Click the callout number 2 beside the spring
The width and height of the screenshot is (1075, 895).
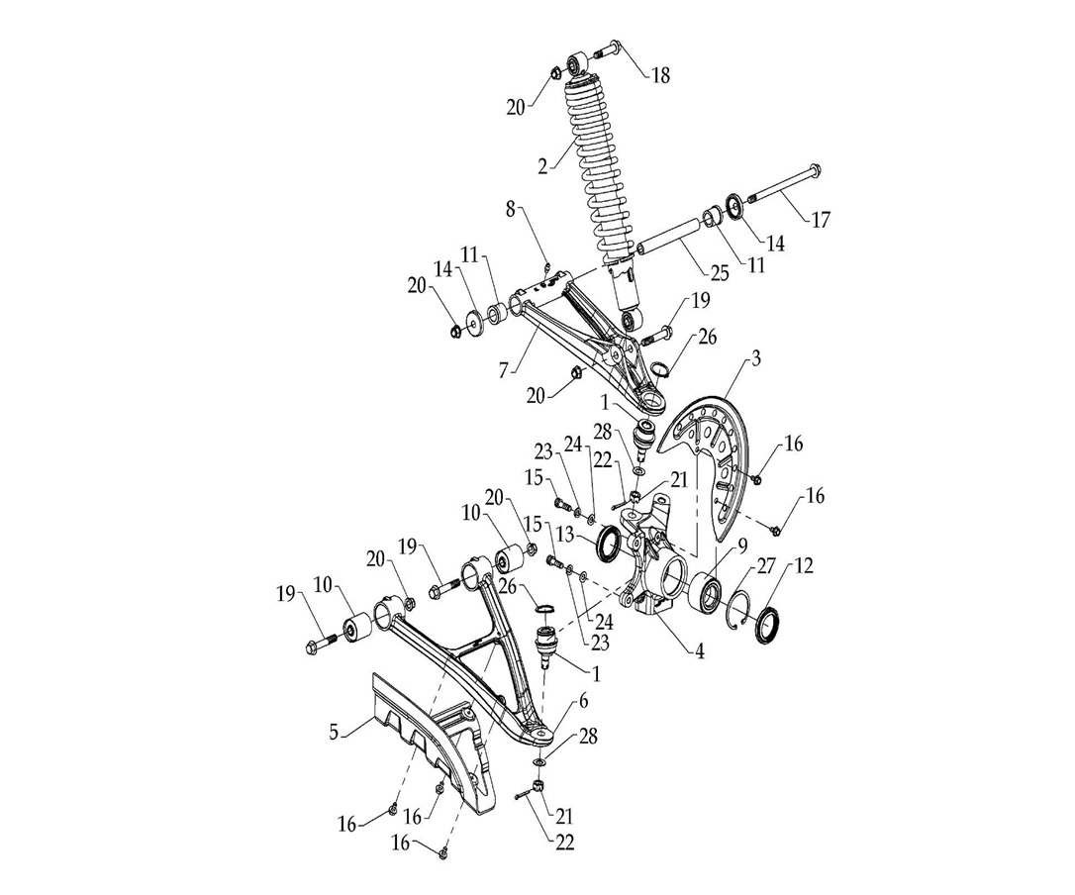point(542,166)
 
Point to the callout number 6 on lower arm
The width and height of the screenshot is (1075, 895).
point(583,701)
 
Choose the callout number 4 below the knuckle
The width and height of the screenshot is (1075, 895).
point(699,652)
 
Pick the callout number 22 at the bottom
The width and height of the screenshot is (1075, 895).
point(564,843)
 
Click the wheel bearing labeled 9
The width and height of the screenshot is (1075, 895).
point(709,591)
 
